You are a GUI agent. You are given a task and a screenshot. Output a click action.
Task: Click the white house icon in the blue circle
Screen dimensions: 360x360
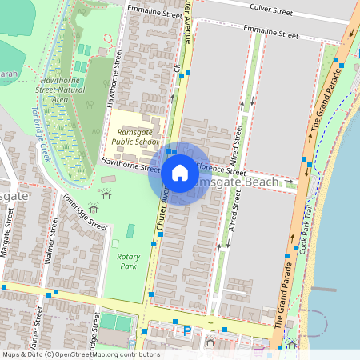pyautogui.click(x=180, y=172)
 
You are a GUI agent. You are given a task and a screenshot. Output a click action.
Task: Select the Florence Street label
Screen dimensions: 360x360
pyautogui.click(x=221, y=170)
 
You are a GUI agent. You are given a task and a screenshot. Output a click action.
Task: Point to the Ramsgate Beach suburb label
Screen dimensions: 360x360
pyautogui.click(x=235, y=182)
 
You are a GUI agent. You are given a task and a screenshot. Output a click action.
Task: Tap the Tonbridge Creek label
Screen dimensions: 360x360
pyautogui.click(x=41, y=135)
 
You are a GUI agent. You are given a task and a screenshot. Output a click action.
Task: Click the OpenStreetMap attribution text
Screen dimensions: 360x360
pyautogui.click(x=80, y=354)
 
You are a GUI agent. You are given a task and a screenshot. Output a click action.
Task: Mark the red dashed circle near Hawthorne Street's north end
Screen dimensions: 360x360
pyautogui.click(x=109, y=38)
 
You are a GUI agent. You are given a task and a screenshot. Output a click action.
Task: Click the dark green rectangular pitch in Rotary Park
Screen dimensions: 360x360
pyautogui.click(x=115, y=322)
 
